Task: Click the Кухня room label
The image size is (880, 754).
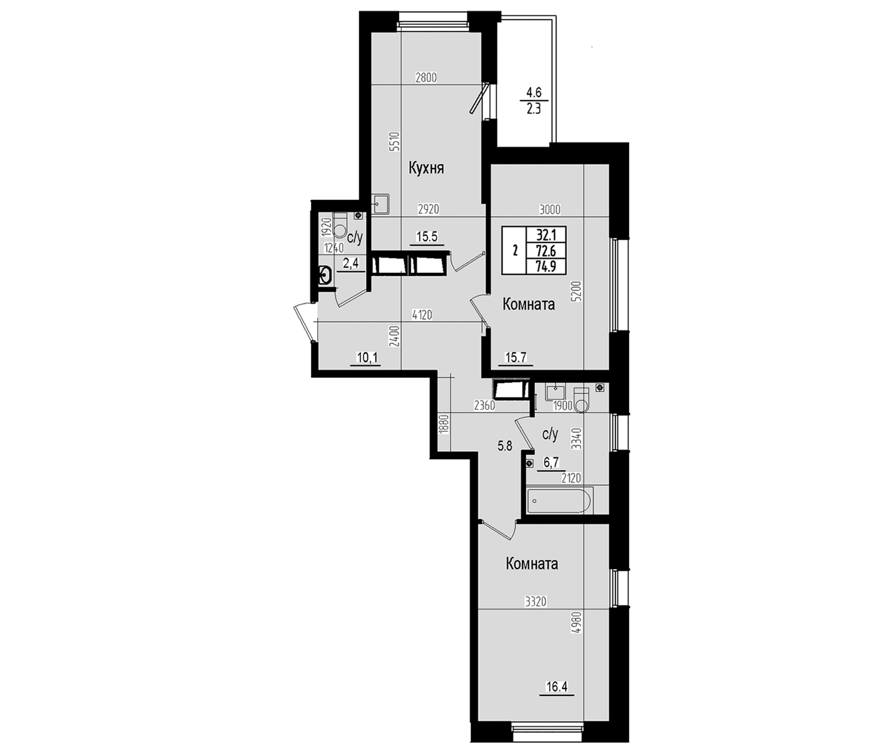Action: [426, 169]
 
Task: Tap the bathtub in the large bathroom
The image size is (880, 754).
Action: [560, 500]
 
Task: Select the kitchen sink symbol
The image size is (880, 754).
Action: [380, 204]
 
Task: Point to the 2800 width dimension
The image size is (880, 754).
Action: [426, 78]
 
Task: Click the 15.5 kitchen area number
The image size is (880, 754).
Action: [427, 237]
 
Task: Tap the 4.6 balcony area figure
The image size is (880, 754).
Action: [533, 93]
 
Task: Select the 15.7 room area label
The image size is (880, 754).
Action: [516, 358]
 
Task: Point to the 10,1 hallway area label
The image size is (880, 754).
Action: [367, 358]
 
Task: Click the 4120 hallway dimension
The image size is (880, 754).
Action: [422, 315]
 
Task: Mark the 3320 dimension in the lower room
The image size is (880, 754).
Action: [536, 601]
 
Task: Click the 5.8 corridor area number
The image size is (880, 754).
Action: [505, 446]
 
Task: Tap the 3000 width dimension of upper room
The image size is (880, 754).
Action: [550, 210]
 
